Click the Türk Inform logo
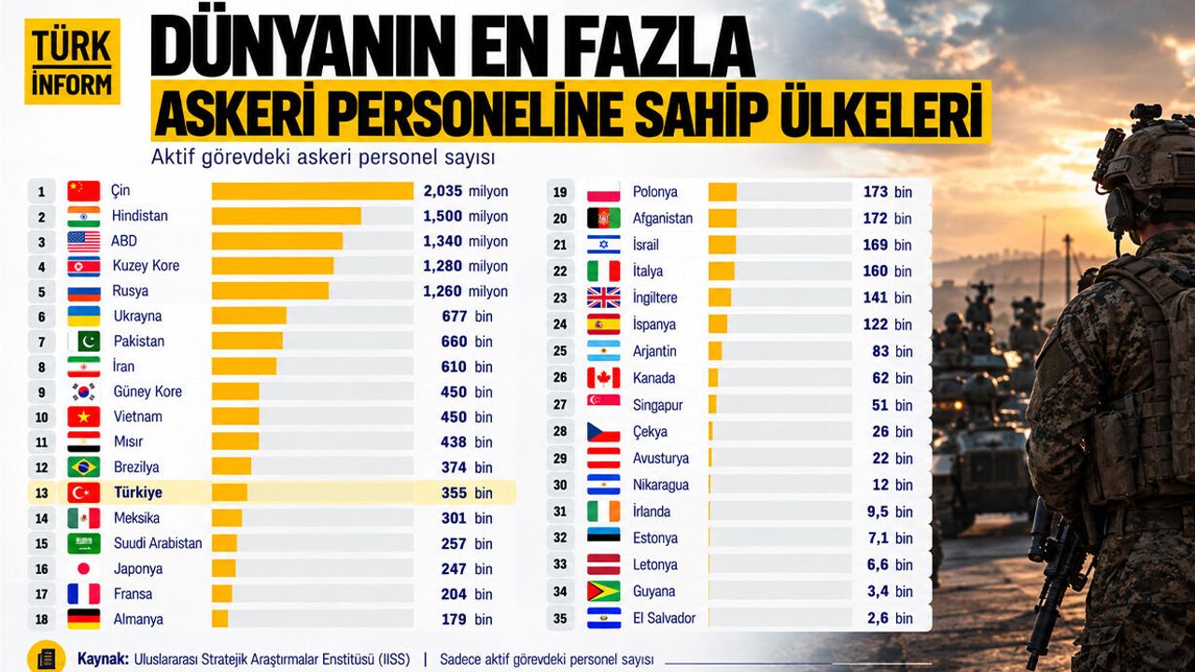pyautogui.click(x=72, y=62)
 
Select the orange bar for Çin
pyautogui.click(x=312, y=191)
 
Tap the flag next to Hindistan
pyautogui.click(x=84, y=217)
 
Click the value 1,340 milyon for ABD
pyautogui.click(x=465, y=242)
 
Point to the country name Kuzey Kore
pyautogui.click(x=146, y=266)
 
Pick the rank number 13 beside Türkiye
pyautogui.click(x=42, y=493)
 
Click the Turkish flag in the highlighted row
pyautogui.click(x=84, y=493)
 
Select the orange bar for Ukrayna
pyautogui.click(x=248, y=315)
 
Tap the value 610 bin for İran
pyautogui.click(x=466, y=367)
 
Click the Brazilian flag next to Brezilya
pyautogui.click(x=84, y=468)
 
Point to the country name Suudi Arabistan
pyautogui.click(x=158, y=543)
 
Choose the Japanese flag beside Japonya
pyautogui.click(x=84, y=568)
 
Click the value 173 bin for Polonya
pyautogui.click(x=888, y=192)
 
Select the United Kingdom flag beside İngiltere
pyautogui.click(x=603, y=298)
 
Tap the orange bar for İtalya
pyautogui.click(x=722, y=271)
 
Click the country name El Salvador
pyautogui.click(x=664, y=618)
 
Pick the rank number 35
pyautogui.click(x=559, y=619)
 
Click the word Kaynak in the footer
pyautogui.click(x=103, y=659)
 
